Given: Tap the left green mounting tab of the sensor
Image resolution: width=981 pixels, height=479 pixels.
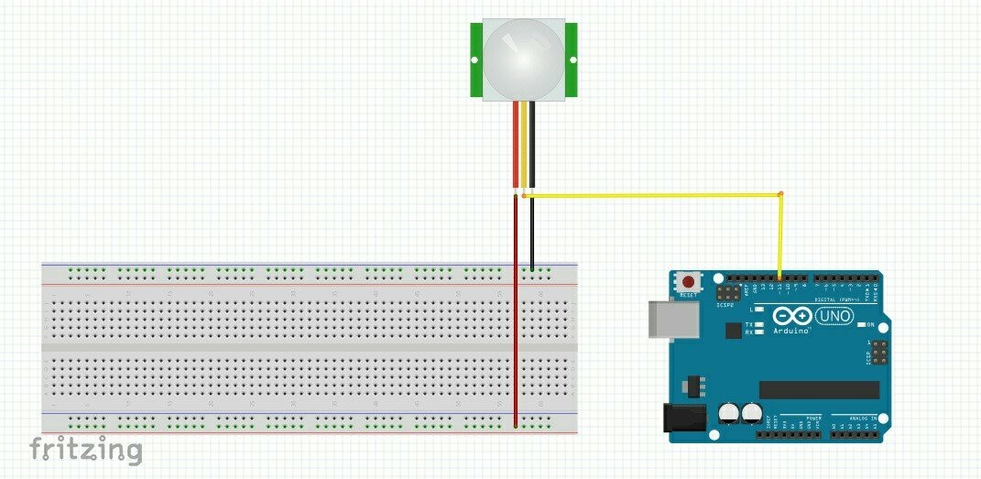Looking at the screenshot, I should pos(476,60).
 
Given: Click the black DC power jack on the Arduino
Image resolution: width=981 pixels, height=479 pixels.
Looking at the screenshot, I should pos(682,418).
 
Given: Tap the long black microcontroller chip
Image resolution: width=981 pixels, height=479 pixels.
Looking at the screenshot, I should pos(819,390).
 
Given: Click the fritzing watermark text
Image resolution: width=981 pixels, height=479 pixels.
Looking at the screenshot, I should pos(86,450).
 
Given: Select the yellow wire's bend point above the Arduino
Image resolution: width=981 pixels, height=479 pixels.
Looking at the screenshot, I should pos(780,194).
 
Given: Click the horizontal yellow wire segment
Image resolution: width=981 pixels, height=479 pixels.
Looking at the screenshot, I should pos(650,194).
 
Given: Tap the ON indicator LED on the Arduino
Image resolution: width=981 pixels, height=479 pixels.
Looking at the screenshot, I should pos(859,325).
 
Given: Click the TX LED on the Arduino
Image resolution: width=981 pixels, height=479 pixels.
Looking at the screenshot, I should pos(759,324).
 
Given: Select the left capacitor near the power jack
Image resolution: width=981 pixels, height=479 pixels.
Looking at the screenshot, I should pos(729,413).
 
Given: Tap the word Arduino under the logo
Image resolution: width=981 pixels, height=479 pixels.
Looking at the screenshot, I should pos(791,330).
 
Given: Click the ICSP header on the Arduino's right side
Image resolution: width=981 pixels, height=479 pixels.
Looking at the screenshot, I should pos(877,353).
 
